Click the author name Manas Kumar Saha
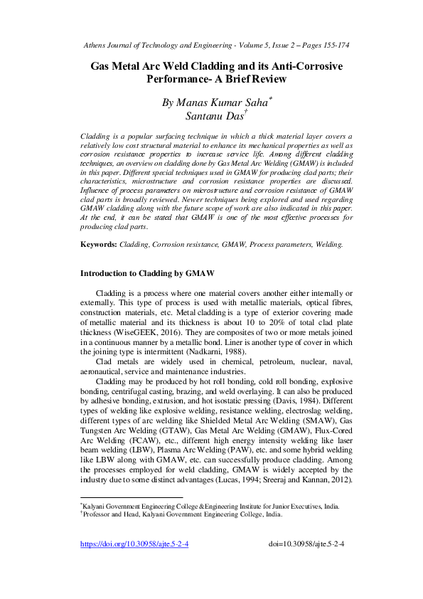[x=207, y=102]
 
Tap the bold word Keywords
[x=98, y=244]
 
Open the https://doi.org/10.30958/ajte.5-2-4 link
[x=134, y=564]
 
